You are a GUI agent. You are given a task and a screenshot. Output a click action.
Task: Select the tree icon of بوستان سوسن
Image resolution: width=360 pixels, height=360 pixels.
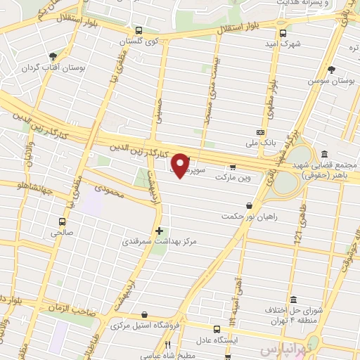(x=331, y=70)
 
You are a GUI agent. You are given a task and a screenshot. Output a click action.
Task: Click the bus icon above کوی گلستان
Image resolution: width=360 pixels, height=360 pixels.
(x=139, y=31)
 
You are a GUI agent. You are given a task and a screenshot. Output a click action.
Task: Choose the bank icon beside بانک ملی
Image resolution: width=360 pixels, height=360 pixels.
(x=261, y=132)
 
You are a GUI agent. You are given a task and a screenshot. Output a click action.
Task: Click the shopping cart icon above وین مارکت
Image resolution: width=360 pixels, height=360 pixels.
(x=233, y=167)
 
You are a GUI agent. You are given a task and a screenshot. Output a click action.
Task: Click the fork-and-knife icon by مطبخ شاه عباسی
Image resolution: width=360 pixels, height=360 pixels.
(x=167, y=345)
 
